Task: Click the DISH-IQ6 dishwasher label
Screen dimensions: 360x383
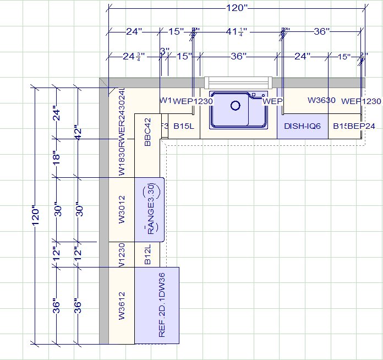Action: pyautogui.click(x=302, y=126)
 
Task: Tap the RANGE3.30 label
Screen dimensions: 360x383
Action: pyautogui.click(x=151, y=210)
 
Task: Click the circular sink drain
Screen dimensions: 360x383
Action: pyautogui.click(x=236, y=105)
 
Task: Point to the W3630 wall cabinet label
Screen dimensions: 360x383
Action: pyautogui.click(x=321, y=100)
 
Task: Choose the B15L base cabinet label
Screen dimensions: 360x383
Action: pyautogui.click(x=184, y=126)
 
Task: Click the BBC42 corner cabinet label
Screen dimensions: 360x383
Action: pyautogui.click(x=147, y=132)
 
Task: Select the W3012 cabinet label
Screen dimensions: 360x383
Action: pyautogui.click(x=122, y=210)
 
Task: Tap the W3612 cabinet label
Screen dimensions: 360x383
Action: pyautogui.click(x=122, y=306)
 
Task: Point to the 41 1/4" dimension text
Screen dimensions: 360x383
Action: pyautogui.click(x=237, y=32)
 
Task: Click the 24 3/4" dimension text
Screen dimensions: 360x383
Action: pyautogui.click(x=134, y=56)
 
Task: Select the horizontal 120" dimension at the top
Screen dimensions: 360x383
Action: pyautogui.click(x=237, y=8)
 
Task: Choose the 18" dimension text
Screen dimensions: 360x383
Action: pyautogui.click(x=56, y=158)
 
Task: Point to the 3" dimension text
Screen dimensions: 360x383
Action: pyautogui.click(x=164, y=51)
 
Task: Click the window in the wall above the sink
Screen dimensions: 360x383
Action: pyautogui.click(x=238, y=83)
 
